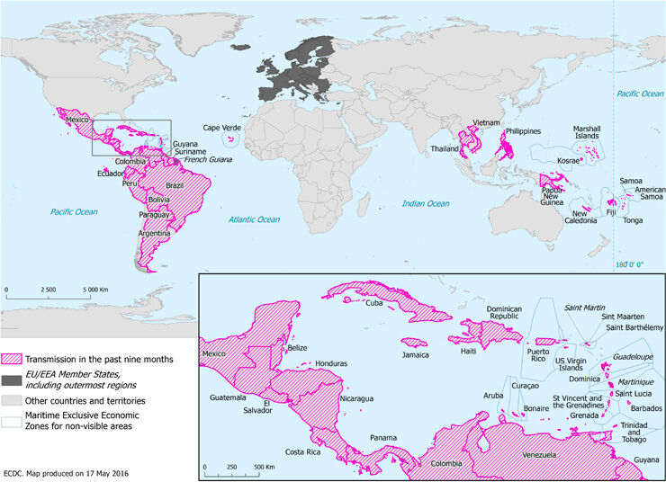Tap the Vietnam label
pos(487,121)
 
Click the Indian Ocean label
pos(425,204)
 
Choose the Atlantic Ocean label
pos(253,219)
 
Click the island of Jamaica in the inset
pos(416,342)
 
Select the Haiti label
pos(468,352)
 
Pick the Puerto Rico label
pos(537,361)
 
